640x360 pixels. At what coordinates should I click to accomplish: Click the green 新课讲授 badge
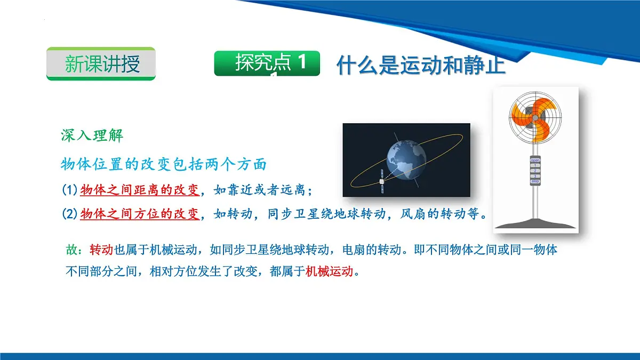[x=101, y=64]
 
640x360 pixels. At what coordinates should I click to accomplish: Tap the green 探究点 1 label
[x=267, y=63]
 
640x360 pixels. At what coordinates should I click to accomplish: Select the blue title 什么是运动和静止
[x=421, y=66]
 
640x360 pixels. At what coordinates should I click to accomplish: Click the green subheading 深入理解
[x=92, y=135]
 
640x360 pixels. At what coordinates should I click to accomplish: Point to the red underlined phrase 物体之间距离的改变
[x=140, y=189]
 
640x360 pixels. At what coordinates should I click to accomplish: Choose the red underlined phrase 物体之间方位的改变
[x=140, y=214]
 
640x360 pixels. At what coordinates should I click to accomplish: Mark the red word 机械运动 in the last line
[x=329, y=271]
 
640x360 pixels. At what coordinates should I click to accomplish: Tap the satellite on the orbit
[x=381, y=181]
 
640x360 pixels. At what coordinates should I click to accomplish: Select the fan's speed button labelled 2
[x=535, y=170]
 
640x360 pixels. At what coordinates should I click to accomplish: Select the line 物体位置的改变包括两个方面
[x=164, y=164]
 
